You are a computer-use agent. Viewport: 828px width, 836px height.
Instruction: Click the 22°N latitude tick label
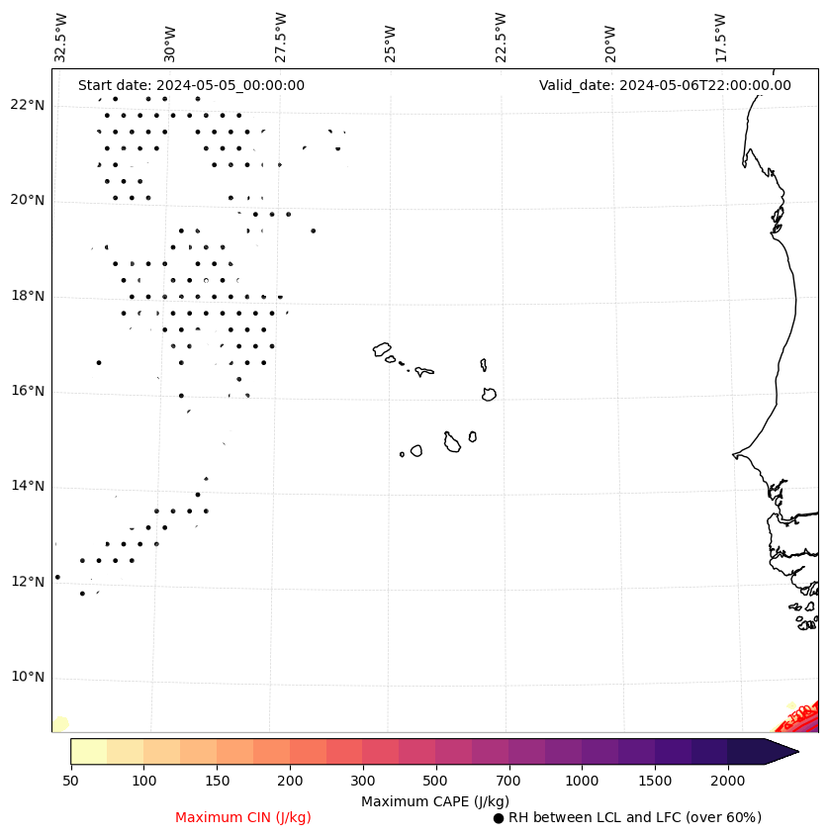click(x=27, y=106)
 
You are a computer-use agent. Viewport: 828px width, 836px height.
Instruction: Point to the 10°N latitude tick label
click(x=27, y=678)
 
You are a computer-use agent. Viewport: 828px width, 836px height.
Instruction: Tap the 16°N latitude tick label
click(x=27, y=392)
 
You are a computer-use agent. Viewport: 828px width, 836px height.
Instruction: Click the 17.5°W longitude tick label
click(x=721, y=37)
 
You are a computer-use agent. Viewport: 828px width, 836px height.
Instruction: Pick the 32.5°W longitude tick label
click(x=61, y=37)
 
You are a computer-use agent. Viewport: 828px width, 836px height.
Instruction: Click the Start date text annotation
click(x=191, y=86)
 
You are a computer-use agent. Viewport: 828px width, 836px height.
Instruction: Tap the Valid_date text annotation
click(x=665, y=86)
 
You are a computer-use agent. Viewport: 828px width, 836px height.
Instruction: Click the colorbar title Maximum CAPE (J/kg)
click(x=435, y=801)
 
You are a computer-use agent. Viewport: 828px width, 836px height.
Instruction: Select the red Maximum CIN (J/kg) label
click(x=243, y=818)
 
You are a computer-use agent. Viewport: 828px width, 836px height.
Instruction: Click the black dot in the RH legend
click(x=499, y=818)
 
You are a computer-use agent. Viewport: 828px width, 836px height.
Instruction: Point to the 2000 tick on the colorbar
click(x=728, y=782)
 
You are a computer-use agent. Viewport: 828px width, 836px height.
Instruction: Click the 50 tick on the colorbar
click(x=70, y=782)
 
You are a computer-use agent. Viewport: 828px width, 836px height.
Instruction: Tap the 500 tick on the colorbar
click(x=435, y=782)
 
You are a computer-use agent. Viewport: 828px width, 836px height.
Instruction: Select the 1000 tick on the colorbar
click(x=582, y=782)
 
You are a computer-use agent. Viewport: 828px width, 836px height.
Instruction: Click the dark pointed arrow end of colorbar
click(x=782, y=751)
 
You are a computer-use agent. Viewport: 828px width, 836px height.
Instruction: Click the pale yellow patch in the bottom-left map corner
click(x=60, y=725)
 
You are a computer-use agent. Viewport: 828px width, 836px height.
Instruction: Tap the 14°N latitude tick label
click(x=27, y=487)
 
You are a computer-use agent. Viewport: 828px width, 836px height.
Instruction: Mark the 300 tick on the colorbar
click(x=362, y=782)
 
